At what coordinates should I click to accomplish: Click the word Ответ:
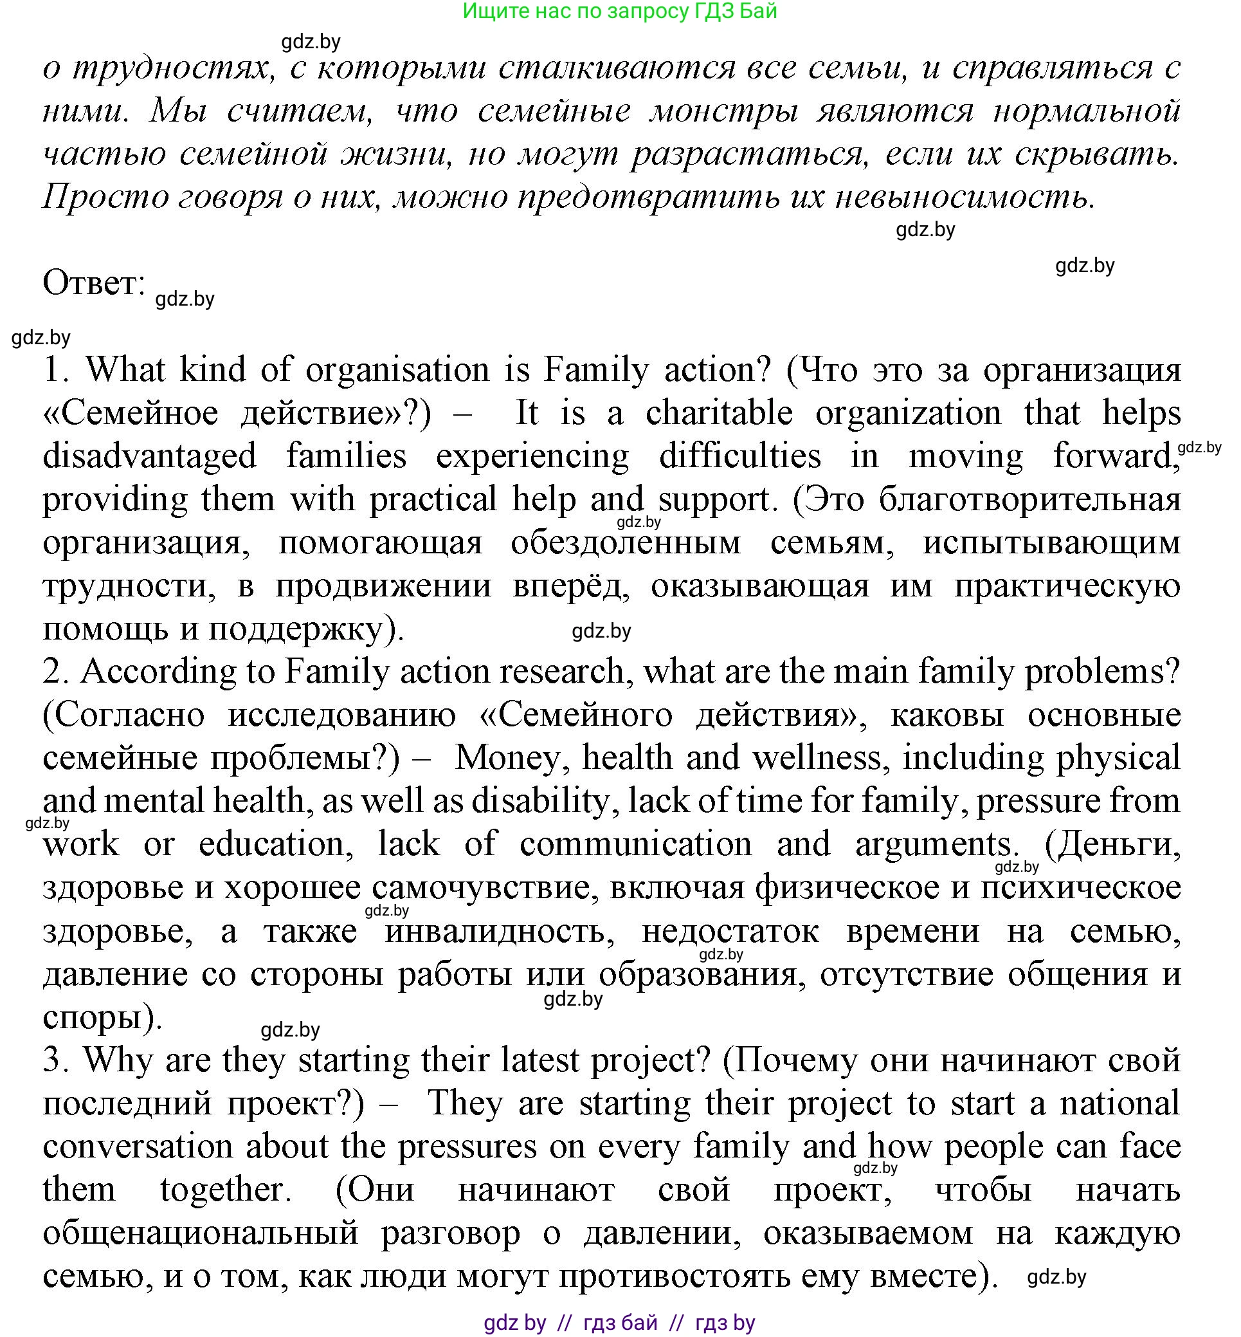click(x=94, y=283)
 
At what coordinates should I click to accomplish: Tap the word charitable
click(x=720, y=412)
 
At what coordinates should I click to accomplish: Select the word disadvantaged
click(x=150, y=456)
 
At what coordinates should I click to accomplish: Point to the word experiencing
click(x=532, y=456)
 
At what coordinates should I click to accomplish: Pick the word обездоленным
click(x=625, y=543)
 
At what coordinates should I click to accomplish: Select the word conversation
click(x=137, y=1147)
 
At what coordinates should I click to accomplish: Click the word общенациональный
click(x=200, y=1233)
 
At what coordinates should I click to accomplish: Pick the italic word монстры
click(x=723, y=111)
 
